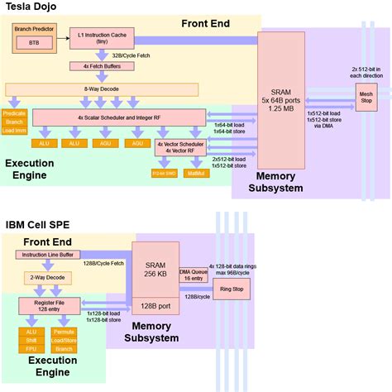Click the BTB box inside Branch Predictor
(x=33, y=41)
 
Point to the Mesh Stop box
(x=365, y=98)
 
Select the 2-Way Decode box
(x=47, y=279)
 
